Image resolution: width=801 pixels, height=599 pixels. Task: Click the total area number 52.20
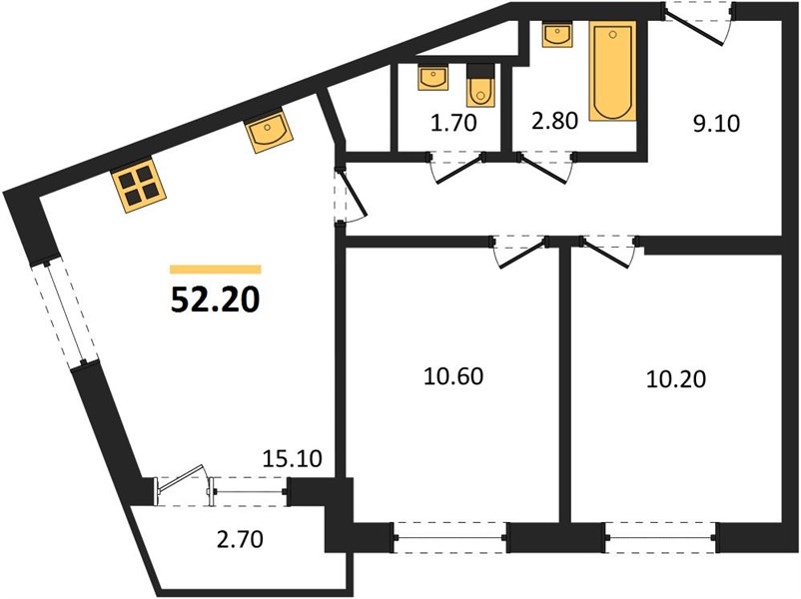coord(215,299)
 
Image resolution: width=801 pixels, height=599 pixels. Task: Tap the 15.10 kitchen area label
coord(293,458)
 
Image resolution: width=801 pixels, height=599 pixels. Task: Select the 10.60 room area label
coord(453,376)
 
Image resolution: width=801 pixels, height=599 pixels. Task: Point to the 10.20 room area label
coord(676,379)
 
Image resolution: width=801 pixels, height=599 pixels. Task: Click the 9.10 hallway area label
coord(716,124)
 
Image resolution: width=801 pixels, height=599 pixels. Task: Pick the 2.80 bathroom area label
coord(554,121)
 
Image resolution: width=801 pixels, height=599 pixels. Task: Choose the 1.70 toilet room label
coord(453,123)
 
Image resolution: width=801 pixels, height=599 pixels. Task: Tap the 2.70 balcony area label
coord(240,539)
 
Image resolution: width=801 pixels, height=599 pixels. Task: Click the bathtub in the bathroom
coord(612,71)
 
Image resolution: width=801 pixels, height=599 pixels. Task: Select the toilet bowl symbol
coord(480,85)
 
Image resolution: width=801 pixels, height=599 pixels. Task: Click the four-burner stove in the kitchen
coord(140,186)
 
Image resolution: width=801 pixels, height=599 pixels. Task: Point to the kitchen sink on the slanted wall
coord(269,131)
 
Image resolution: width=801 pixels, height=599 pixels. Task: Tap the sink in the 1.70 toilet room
coord(433,78)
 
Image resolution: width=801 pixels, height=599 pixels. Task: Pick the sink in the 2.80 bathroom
coord(557,35)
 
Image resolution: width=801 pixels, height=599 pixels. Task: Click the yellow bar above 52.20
coord(216,270)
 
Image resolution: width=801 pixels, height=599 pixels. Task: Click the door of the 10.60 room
coord(519,253)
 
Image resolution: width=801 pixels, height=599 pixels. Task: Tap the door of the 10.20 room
coord(608,252)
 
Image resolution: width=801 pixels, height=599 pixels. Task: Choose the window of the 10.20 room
coord(661,538)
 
